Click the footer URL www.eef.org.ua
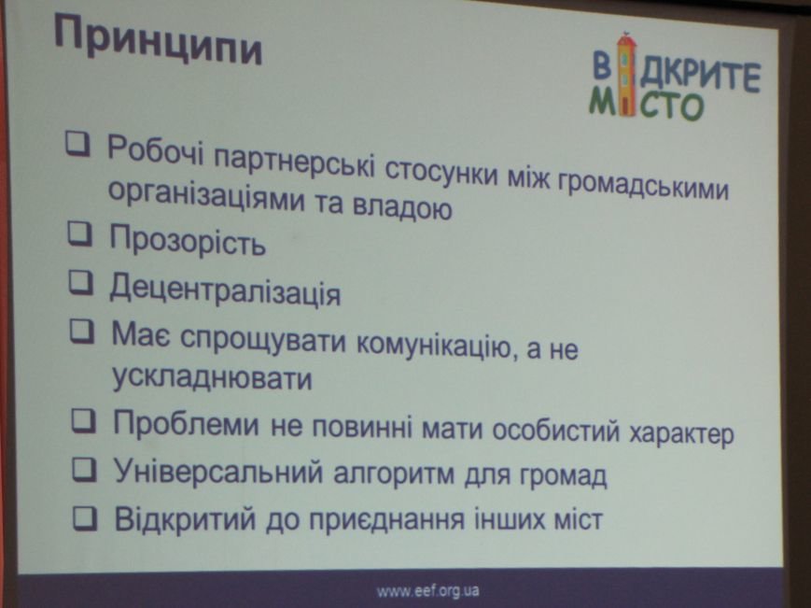[x=427, y=590]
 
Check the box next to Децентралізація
[x=81, y=283]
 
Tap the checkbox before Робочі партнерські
[x=77, y=143]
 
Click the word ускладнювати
[x=212, y=377]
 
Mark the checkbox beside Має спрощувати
[x=82, y=332]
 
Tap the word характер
[x=681, y=432]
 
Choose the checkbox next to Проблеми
[x=83, y=421]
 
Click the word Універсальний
[x=217, y=471]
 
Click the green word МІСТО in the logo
[x=647, y=104]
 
